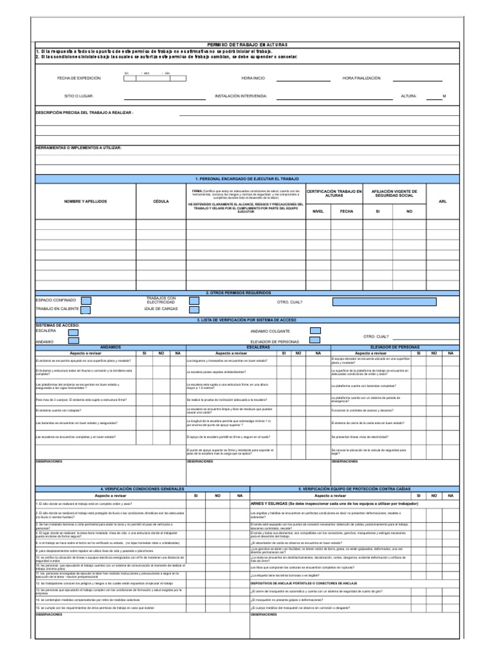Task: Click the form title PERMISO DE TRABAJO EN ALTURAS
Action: click(247, 43)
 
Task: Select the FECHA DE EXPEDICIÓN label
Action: click(79, 78)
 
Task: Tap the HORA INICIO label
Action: click(253, 78)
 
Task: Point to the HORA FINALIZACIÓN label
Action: click(361, 78)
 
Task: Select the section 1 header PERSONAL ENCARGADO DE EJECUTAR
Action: click(247, 179)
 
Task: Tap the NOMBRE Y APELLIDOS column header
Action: click(85, 201)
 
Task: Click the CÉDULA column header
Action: click(161, 201)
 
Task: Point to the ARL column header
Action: click(443, 201)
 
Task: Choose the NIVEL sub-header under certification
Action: click(318, 211)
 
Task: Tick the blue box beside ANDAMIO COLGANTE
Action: click(315, 331)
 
